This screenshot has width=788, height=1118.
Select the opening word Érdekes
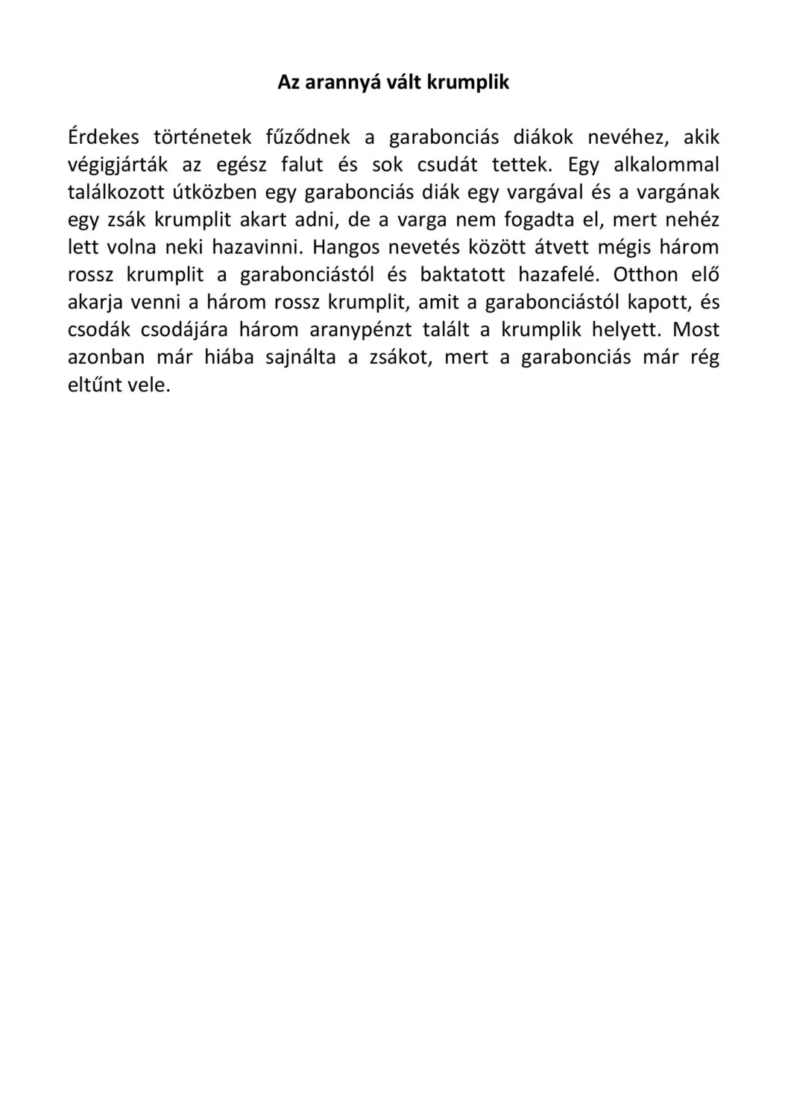click(104, 137)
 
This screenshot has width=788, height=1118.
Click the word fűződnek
click(308, 137)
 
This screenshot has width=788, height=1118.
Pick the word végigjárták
click(118, 165)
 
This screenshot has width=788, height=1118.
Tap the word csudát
click(447, 165)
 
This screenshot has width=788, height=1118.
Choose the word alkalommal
click(666, 165)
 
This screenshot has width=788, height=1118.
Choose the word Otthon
click(646, 275)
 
